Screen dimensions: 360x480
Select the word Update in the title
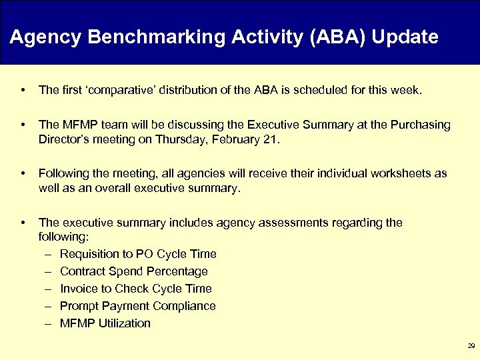point(405,37)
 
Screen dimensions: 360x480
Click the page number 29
point(471,345)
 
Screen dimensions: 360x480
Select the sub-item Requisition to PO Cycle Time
point(138,254)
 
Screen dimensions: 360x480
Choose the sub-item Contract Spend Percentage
point(133,271)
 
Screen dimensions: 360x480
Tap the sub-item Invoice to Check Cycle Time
point(135,289)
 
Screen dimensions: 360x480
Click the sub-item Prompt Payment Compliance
point(137,306)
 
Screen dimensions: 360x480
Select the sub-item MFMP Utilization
point(105,323)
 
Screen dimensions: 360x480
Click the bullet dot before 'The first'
point(23,90)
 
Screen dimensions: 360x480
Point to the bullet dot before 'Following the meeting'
point(23,173)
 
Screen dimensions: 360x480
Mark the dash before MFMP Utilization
point(49,323)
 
